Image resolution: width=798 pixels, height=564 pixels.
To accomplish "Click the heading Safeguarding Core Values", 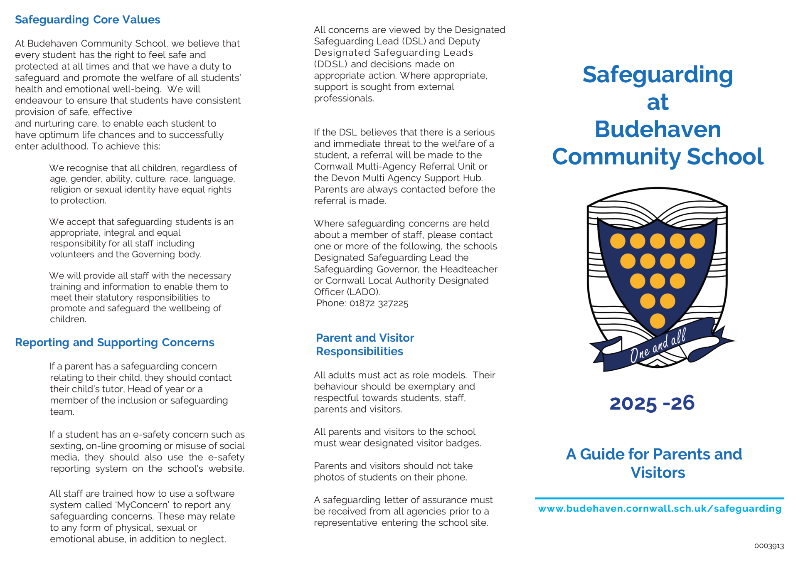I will [x=87, y=20].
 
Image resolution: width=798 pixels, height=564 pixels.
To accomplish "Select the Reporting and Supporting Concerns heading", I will [x=114, y=342].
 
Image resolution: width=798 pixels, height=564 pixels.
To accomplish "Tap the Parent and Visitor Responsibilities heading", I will [x=365, y=345].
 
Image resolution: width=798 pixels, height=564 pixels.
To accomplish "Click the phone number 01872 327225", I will [x=379, y=303].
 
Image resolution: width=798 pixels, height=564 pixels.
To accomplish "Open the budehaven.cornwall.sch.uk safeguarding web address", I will [x=660, y=509].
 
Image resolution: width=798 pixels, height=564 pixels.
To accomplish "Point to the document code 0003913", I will [x=769, y=546].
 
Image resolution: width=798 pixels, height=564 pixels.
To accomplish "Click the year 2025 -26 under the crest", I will [x=652, y=403].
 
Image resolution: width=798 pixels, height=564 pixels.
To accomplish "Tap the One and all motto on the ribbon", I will [x=658, y=345].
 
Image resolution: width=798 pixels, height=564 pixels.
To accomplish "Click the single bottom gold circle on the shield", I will [x=657, y=321].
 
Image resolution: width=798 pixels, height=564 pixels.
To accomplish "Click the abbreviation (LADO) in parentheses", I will [x=363, y=292].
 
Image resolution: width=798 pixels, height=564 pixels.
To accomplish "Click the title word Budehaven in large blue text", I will [x=658, y=129].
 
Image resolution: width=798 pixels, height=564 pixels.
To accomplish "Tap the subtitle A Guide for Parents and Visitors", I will [x=654, y=463].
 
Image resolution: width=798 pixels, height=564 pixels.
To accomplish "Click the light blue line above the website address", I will [x=659, y=498].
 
